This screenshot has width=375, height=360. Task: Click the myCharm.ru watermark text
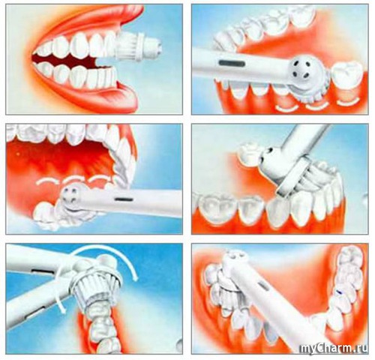coord(334,349)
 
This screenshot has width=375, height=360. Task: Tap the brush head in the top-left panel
coord(139,46)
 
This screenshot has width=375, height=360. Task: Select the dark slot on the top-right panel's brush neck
coord(232,64)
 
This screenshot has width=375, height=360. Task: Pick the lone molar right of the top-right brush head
coord(346,75)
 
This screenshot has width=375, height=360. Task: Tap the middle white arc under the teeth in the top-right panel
coord(317,106)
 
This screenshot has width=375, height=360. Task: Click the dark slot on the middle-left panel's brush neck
coord(124,199)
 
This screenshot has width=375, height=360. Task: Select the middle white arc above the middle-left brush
coord(73,178)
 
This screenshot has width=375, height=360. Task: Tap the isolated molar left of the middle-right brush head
coord(250,151)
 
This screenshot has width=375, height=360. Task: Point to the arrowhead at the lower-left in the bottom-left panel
coord(61,308)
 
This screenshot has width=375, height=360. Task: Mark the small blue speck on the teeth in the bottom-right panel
coord(338,292)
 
